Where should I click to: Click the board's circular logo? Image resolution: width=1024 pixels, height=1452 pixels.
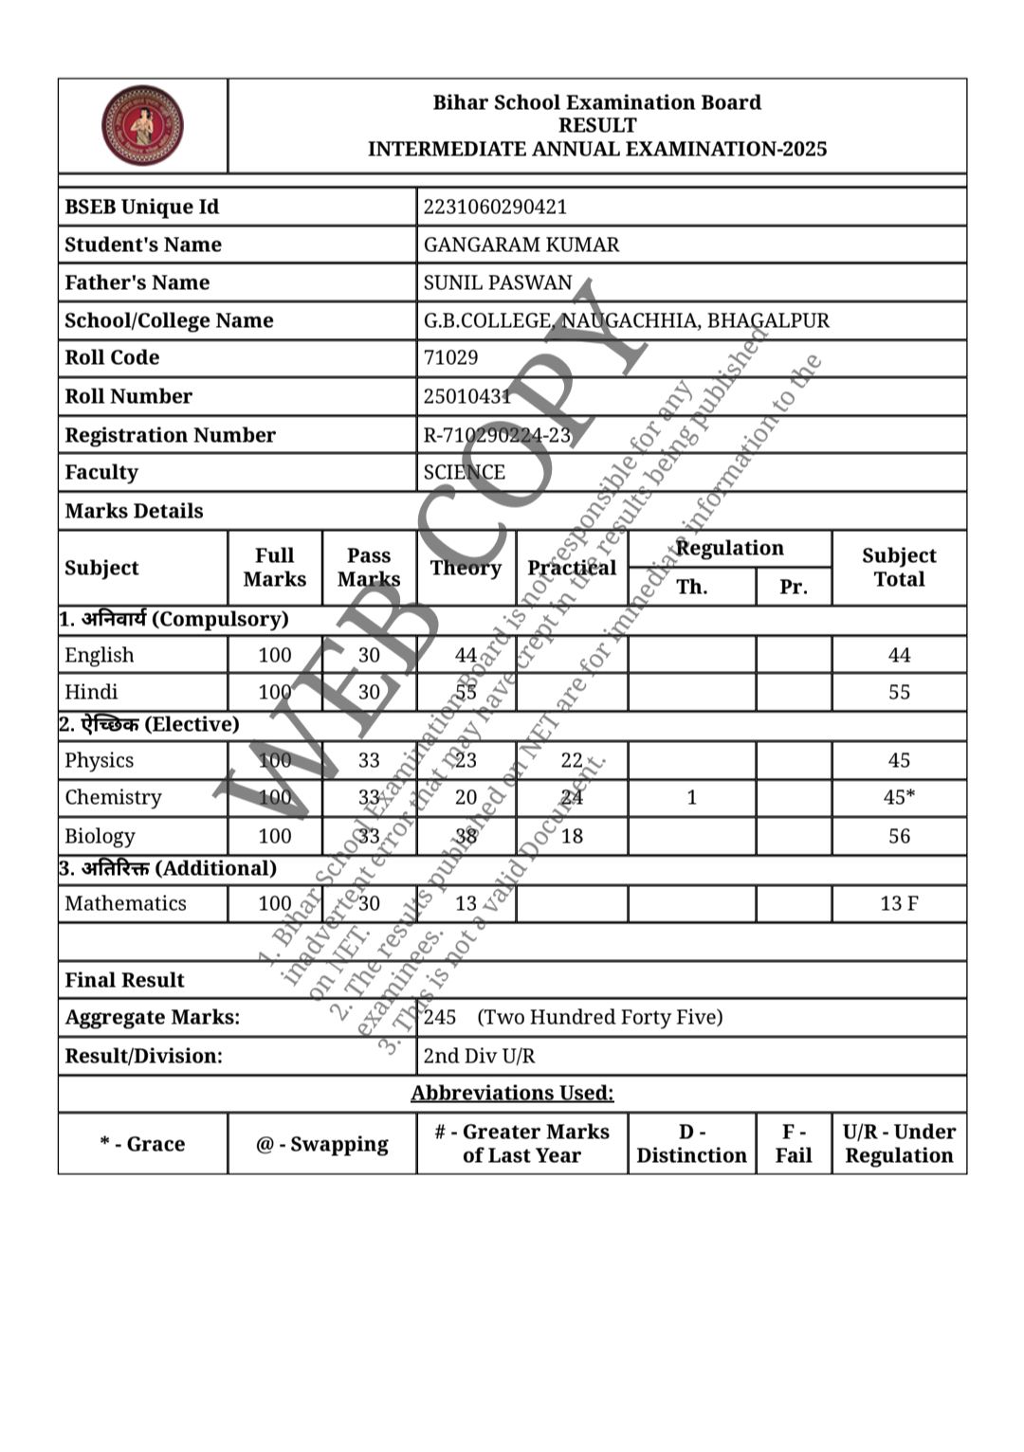(x=142, y=125)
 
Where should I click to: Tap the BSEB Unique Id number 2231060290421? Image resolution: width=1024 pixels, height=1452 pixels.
(x=495, y=207)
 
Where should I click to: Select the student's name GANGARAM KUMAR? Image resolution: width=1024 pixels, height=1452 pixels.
(x=521, y=245)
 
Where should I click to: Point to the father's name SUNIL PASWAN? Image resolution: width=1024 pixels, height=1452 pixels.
(x=498, y=282)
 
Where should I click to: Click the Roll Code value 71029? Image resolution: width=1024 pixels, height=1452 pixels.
(x=450, y=357)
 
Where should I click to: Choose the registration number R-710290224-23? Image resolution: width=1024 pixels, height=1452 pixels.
(x=497, y=435)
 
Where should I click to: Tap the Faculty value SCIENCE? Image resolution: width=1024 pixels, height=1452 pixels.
(x=464, y=472)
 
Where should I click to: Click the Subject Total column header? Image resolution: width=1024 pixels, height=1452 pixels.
(x=898, y=567)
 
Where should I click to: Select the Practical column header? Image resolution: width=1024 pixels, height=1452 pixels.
(x=572, y=567)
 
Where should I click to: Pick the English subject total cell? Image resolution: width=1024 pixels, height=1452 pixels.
(x=898, y=655)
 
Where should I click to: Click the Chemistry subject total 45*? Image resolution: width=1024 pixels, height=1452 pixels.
(x=898, y=797)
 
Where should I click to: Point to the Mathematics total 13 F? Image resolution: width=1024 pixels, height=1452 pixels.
(x=898, y=903)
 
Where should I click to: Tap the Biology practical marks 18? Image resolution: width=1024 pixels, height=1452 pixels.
(x=572, y=836)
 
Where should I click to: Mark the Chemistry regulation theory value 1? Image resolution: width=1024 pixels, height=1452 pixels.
(x=691, y=797)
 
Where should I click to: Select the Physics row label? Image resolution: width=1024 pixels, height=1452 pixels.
(x=99, y=760)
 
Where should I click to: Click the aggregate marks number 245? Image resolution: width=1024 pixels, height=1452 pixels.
(x=440, y=1017)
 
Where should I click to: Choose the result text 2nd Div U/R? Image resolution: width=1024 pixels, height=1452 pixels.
(x=479, y=1056)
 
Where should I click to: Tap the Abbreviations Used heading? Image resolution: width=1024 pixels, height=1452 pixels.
(x=512, y=1093)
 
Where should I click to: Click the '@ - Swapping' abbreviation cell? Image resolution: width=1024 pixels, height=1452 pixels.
(x=321, y=1144)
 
